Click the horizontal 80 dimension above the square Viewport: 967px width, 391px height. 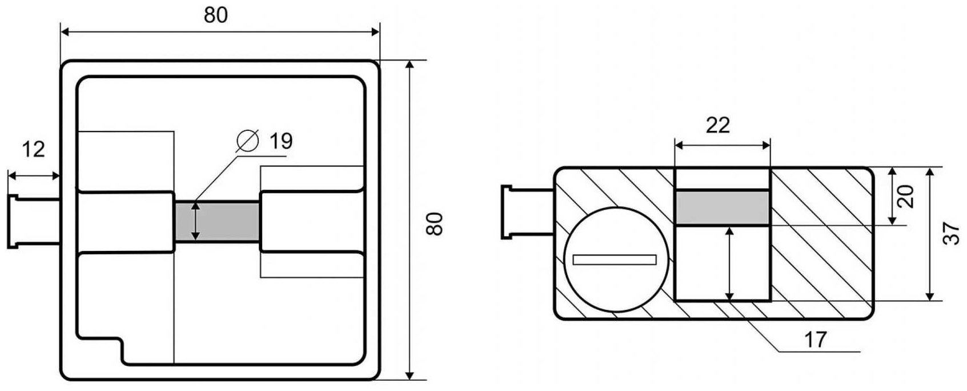click(x=216, y=15)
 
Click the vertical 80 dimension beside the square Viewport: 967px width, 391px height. click(x=435, y=223)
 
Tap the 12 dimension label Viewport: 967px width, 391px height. click(x=33, y=150)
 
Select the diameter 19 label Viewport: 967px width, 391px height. click(x=280, y=141)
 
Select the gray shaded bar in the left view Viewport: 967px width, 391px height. click(x=217, y=221)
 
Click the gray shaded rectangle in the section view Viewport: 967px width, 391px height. click(x=722, y=208)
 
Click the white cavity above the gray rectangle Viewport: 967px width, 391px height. click(x=722, y=178)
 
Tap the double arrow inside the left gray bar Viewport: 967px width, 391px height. click(x=196, y=221)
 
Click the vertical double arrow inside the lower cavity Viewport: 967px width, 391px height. click(x=729, y=263)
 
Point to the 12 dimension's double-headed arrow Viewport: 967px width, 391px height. click(x=33, y=175)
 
